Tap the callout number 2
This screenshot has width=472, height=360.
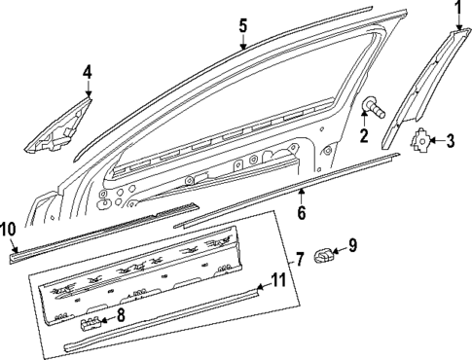[363, 136]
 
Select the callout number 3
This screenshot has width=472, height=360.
[449, 141]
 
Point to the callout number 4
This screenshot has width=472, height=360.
[87, 72]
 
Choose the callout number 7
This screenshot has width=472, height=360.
[300, 260]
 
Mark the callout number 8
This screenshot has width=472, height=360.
[122, 314]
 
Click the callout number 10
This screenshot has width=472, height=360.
[8, 229]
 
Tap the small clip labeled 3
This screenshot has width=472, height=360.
[419, 141]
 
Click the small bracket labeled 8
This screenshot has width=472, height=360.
[93, 317]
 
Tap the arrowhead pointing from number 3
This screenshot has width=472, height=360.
[434, 141]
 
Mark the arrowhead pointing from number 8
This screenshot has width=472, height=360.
[107, 316]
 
